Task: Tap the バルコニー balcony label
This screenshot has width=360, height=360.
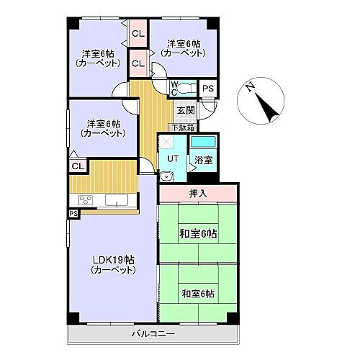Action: coord(155,334)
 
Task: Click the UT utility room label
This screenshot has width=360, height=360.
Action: coord(174,159)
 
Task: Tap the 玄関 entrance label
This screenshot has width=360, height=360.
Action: coord(185,110)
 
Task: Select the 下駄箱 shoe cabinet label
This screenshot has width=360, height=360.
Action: coord(185,126)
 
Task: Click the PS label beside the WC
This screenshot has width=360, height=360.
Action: coord(207,88)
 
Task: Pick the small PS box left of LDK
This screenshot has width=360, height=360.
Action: coord(73,214)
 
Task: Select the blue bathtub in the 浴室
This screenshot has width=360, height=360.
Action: coord(204,140)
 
